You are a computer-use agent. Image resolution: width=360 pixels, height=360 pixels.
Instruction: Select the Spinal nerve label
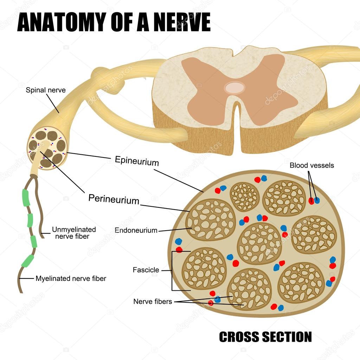46,90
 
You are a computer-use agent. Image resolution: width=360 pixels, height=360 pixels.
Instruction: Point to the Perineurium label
114,199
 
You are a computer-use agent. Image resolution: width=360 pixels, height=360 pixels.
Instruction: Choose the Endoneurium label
136,230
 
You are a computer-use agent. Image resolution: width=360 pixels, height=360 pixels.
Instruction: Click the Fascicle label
146,270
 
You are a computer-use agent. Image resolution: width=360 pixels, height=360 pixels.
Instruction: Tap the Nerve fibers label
153,302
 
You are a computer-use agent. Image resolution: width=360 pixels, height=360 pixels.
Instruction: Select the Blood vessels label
311,165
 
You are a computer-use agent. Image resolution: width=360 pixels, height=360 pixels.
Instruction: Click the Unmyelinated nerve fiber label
74,233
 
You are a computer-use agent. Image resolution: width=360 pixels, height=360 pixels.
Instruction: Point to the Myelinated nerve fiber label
71,279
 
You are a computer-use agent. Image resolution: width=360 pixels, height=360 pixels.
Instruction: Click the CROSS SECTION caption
265,337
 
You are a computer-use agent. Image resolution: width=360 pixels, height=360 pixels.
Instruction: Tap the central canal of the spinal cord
234,88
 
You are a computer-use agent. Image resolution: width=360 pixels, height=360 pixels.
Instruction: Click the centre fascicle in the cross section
259,243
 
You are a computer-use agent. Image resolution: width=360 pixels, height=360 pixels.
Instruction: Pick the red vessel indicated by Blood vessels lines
311,201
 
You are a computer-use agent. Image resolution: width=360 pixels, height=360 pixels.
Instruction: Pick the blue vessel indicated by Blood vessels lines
317,200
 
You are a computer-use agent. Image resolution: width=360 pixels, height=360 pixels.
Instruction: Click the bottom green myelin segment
27,261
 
